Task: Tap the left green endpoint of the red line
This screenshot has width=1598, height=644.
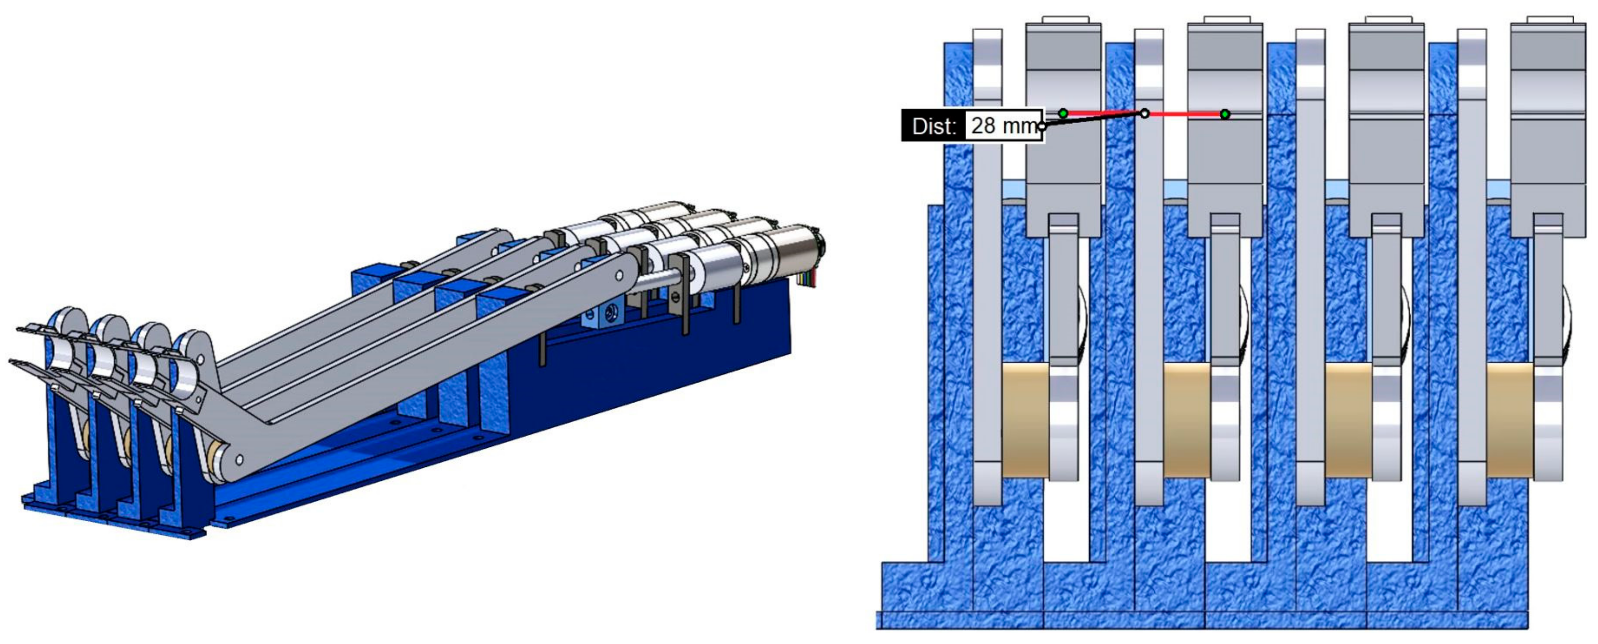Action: click(1063, 113)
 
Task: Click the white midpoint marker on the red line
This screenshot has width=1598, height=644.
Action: click(1145, 113)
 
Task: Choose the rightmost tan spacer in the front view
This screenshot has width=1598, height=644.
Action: click(1510, 420)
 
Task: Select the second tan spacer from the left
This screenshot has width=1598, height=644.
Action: click(1187, 420)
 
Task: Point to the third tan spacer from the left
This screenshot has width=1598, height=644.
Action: click(1348, 420)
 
